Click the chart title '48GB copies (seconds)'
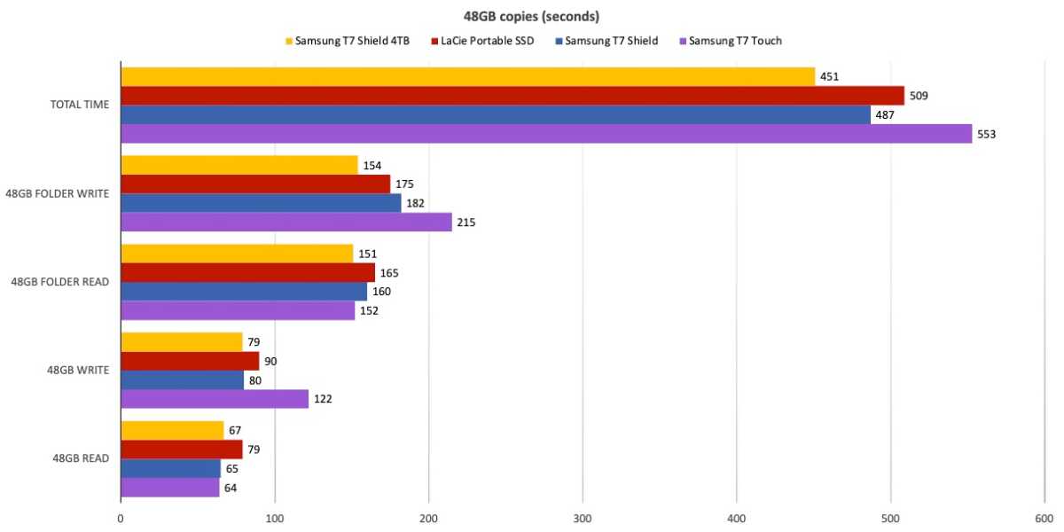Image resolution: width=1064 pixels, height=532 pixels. pos(531,17)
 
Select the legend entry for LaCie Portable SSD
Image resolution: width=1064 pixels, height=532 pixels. pos(482,41)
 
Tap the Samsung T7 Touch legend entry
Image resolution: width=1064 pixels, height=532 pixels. pos(731,41)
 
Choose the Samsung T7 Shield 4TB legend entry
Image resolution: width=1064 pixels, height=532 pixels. pos(348,41)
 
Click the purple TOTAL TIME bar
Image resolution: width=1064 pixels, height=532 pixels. pos(546,134)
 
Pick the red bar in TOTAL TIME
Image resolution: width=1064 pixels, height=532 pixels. pos(512,96)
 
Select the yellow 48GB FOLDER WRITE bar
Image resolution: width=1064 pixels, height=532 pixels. pos(239,165)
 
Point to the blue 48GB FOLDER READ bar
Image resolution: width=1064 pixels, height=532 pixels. pos(244,292)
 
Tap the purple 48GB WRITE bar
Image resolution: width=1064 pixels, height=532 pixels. pos(215,399)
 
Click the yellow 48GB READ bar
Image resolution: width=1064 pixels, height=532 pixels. pos(172,430)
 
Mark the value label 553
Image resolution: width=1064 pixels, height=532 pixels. pos(986,135)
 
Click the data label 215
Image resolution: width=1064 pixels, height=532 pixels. pos(466,223)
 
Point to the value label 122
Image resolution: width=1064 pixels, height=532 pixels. pos(323,399)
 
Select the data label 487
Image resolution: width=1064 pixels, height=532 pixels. pos(885,115)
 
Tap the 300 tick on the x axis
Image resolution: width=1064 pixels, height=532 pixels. pos(583,519)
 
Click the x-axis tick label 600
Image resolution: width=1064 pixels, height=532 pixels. pos(1044,519)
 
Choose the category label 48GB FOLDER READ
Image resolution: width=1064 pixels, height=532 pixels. pos(60,282)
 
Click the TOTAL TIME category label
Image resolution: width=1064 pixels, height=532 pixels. pos(80,105)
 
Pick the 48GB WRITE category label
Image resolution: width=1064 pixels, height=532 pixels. pos(78,370)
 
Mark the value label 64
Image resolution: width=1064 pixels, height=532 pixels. pos(231,489)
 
